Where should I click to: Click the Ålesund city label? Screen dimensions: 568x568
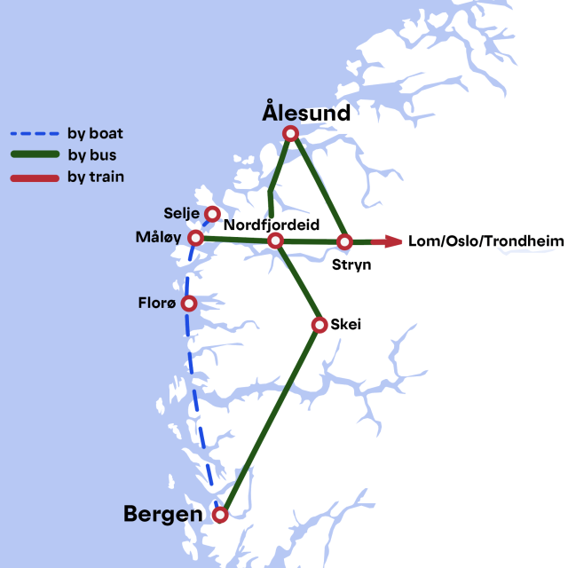coord(306,113)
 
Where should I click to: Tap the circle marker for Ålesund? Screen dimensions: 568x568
coord(290,134)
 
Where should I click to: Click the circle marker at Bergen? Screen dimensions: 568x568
coord(221,514)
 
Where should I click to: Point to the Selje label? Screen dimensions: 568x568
coord(182,214)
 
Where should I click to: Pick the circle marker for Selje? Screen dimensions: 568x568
coord(212,214)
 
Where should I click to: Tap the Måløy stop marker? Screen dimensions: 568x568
coord(196,238)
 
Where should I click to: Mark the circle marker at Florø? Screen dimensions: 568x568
coord(188,304)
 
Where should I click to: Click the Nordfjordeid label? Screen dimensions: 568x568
coord(271,225)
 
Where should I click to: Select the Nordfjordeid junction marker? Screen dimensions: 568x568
coord(275,241)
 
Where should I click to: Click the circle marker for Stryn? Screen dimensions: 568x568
coord(344,241)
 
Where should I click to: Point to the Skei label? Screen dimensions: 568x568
coord(345,325)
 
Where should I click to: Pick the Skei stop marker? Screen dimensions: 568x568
coord(319,325)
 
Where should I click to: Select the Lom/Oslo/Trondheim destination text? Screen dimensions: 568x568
coord(485,241)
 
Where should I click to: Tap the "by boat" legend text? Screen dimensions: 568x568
coord(95,134)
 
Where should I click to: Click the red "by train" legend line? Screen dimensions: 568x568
coord(35,177)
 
